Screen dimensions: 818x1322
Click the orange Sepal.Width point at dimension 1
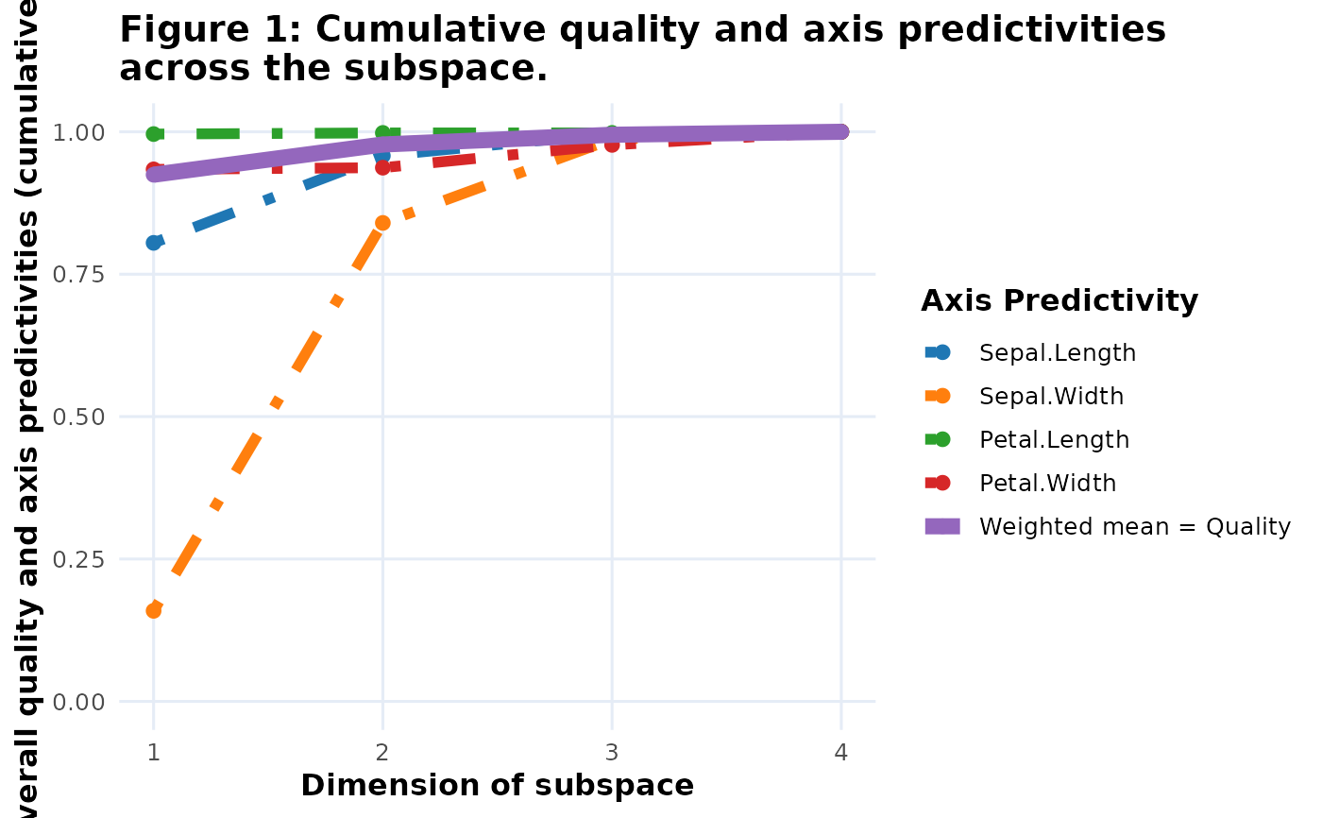tap(153, 610)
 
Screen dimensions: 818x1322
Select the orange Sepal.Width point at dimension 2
tap(382, 223)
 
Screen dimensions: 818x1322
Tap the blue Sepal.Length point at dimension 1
tap(153, 243)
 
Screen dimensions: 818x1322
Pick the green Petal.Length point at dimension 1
tap(153, 134)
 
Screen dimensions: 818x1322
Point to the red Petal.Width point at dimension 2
tap(382, 167)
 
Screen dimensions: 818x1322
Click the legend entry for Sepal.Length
tap(1058, 353)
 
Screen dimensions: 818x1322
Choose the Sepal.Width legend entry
tap(1051, 397)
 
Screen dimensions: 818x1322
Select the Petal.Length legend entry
tap(1054, 440)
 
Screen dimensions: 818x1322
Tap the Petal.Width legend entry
tap(1047, 484)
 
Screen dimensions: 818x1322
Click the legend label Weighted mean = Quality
tap(1134, 527)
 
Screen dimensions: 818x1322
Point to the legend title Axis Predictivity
tap(1059, 301)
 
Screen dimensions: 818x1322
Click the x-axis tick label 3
tap(612, 753)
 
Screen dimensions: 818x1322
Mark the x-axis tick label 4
tap(841, 753)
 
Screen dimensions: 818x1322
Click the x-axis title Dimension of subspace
tap(497, 786)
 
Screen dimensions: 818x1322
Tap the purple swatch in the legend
tap(942, 527)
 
